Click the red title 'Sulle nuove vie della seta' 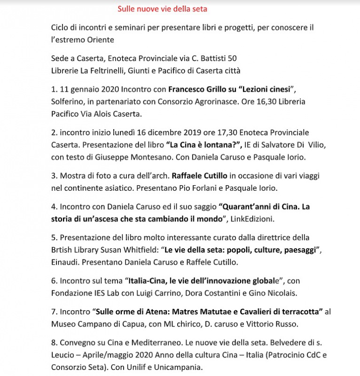tap(162, 8)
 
